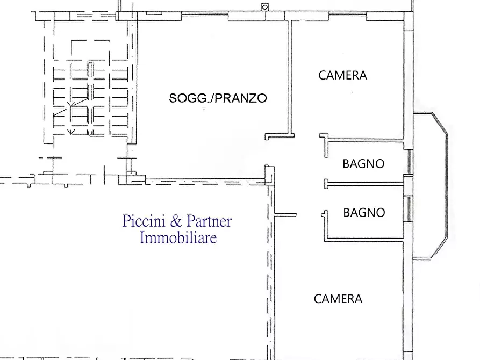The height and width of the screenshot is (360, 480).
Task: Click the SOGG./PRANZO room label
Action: coord(218,98)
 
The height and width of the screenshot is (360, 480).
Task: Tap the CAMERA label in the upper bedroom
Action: coord(342,75)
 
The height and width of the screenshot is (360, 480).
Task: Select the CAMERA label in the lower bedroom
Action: coord(338,299)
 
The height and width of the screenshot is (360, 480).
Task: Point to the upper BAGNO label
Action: coord(363,164)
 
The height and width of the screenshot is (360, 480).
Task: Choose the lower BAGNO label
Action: coord(364,213)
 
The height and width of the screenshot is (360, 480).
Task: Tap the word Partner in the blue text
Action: coord(209,221)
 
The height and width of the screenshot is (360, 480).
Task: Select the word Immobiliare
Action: coord(178,237)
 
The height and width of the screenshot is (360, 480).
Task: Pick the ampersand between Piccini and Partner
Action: coord(177,221)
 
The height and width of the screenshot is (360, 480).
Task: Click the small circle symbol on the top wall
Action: coord(264,7)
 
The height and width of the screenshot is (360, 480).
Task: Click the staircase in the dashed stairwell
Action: coord(90,97)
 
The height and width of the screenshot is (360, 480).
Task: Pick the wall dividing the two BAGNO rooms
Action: coord(366,183)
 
